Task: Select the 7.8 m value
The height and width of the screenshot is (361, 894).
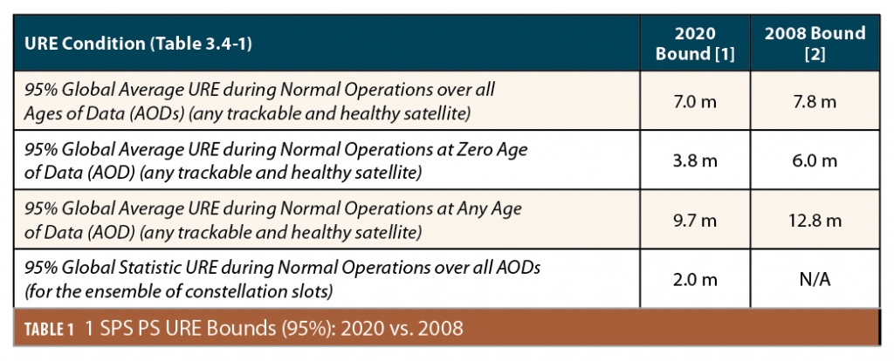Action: tap(815, 102)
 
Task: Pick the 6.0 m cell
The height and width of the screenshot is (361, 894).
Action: tap(815, 161)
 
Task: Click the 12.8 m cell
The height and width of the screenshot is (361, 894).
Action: tap(815, 221)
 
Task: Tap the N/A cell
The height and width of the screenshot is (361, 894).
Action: tap(815, 279)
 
